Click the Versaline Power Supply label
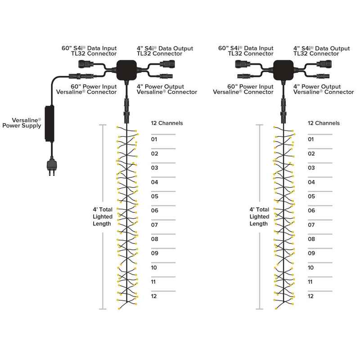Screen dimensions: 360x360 tap(22, 123)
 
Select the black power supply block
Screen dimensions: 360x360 tap(49, 123)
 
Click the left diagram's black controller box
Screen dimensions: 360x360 tap(126, 70)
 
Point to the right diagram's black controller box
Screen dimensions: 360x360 tap(283, 70)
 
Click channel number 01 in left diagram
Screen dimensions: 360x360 tap(154, 139)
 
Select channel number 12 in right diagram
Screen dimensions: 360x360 tap(310, 296)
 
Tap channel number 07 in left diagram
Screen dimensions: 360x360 tap(154, 225)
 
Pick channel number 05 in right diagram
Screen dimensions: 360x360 tap(311, 196)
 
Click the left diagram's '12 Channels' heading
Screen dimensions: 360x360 tap(167, 123)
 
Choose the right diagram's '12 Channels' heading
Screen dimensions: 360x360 tap(324, 123)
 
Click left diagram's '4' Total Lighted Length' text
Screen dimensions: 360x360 tap(103, 216)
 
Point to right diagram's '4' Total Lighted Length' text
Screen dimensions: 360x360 tap(259, 216)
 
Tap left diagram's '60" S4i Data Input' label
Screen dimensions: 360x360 tap(89, 48)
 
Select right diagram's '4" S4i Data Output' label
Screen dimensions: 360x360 tap(322, 49)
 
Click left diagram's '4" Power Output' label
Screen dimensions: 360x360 tap(160, 86)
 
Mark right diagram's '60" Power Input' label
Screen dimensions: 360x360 tap(250, 86)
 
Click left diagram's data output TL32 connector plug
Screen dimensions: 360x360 tap(167, 64)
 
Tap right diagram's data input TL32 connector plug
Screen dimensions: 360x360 tap(242, 64)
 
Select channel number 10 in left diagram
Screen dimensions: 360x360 tap(154, 267)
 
